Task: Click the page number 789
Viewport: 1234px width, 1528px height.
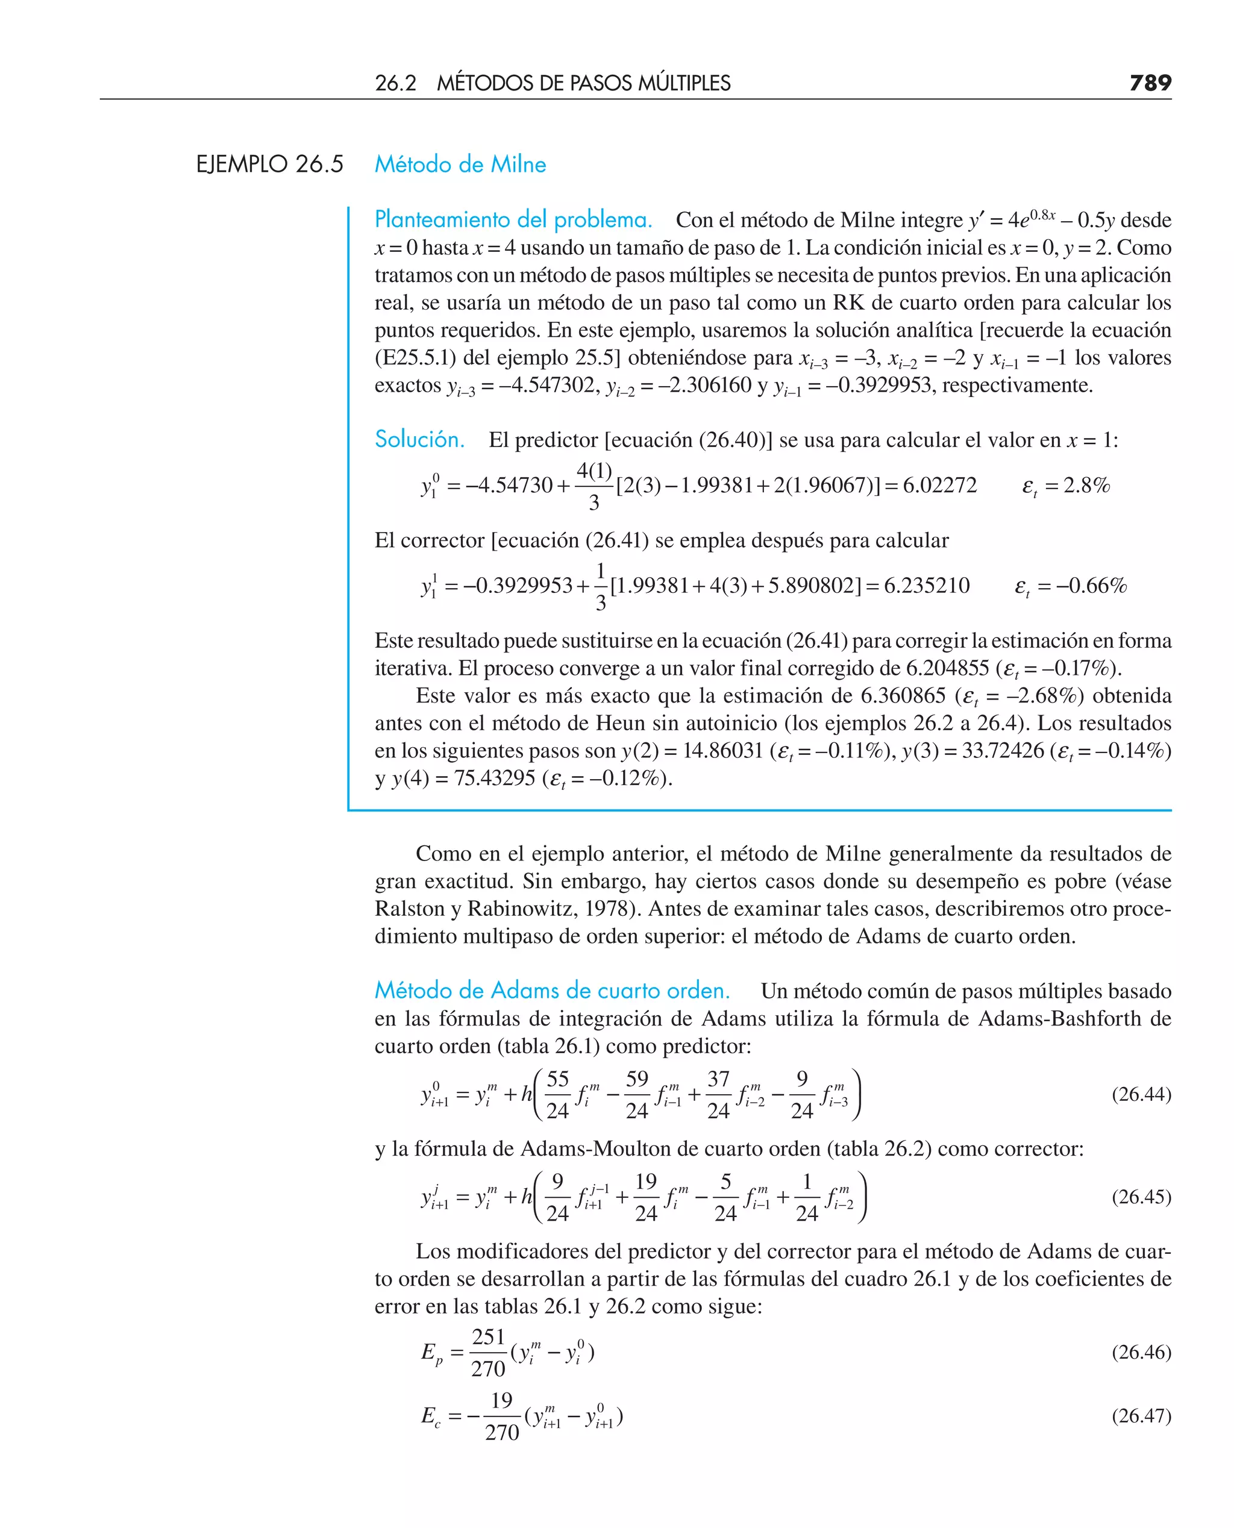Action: coord(1150,83)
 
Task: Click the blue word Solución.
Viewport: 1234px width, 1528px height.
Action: coord(419,439)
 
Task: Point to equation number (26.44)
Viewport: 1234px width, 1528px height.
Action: coord(1141,1094)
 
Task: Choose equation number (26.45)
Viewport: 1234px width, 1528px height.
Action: coord(1141,1196)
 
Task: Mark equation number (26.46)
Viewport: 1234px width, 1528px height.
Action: coord(1141,1351)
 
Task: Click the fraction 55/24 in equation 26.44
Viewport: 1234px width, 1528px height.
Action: coord(557,1094)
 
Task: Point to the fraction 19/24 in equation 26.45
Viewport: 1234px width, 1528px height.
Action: coord(645,1197)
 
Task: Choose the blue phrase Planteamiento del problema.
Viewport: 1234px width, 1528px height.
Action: coord(513,219)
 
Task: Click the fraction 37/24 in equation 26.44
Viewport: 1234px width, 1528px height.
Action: coord(718,1094)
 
